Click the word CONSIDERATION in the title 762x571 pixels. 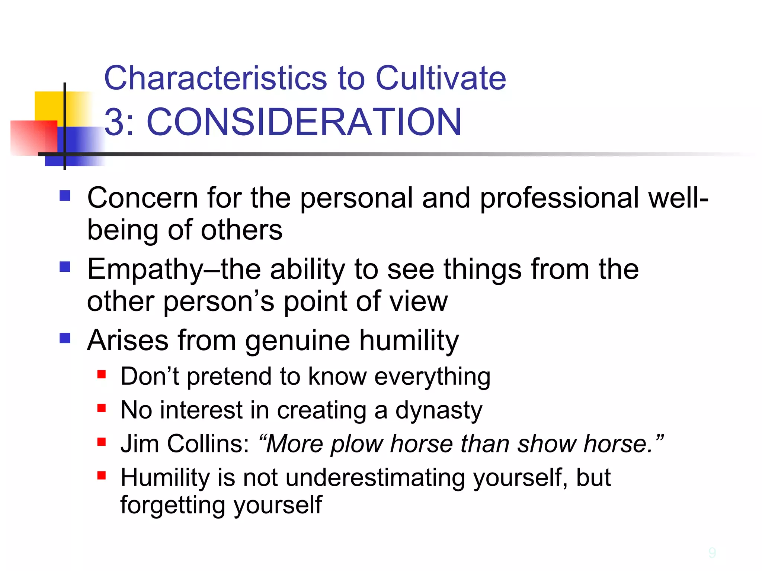tap(304, 122)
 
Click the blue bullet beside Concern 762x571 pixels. tap(65, 196)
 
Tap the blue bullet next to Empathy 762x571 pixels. tap(65, 267)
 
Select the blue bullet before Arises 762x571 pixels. tap(65, 338)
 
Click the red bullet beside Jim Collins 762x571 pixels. tap(102, 442)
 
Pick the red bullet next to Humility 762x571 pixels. tap(102, 475)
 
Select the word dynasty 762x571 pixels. tap(439, 410)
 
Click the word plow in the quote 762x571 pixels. tap(357, 444)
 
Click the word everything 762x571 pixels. tap(432, 377)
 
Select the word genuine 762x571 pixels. tap(297, 341)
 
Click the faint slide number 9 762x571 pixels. tap(712, 553)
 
